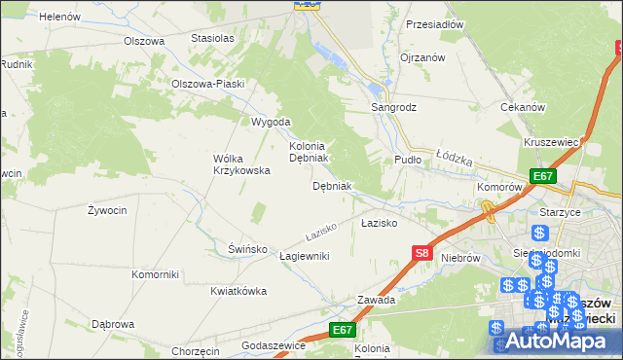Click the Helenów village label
point(59,17)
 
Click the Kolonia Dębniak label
point(311,151)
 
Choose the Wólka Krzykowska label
point(240,164)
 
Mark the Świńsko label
point(247,249)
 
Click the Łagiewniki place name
point(305,256)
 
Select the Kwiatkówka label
point(238,291)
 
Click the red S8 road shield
point(421,253)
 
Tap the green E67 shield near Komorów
point(543,176)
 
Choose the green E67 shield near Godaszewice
point(342,331)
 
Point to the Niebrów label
point(461,258)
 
